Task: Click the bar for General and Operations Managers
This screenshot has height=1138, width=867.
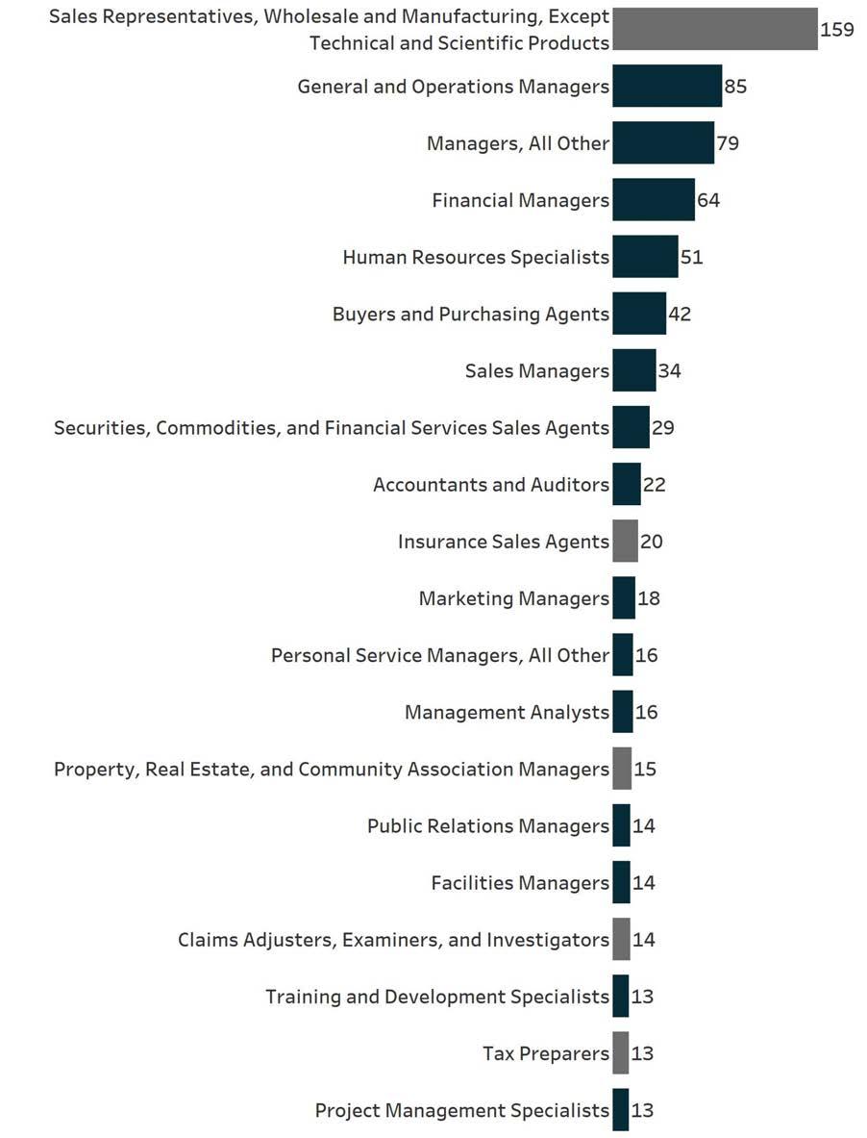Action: coord(666,87)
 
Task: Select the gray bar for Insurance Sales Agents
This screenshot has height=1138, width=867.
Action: coord(625,542)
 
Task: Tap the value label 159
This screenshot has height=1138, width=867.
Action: coord(836,30)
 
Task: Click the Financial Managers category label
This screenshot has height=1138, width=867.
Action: coord(520,200)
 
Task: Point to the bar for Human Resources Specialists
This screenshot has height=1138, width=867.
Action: coord(645,257)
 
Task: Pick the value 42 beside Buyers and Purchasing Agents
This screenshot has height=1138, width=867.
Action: coord(680,314)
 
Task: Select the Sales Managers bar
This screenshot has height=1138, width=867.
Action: coord(633,370)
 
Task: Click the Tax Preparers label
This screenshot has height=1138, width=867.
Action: coord(545,1053)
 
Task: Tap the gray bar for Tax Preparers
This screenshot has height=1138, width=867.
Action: coord(621,1053)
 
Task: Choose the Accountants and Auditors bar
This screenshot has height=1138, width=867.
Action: coord(626,484)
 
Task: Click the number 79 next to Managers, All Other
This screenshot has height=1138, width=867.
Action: coord(728,143)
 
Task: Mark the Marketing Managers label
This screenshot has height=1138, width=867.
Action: coord(513,598)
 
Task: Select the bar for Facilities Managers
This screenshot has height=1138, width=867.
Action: coord(621,882)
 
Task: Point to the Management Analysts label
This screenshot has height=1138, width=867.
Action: coord(507,712)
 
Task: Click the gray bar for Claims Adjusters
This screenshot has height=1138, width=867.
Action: coord(621,939)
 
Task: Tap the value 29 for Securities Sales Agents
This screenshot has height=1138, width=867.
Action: coord(662,427)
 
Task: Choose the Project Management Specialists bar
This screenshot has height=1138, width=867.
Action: coord(621,1110)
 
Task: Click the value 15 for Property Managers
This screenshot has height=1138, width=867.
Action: coord(645,769)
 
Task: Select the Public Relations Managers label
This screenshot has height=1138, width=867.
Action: coord(487,825)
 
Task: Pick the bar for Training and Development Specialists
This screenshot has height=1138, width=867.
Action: coord(621,996)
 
